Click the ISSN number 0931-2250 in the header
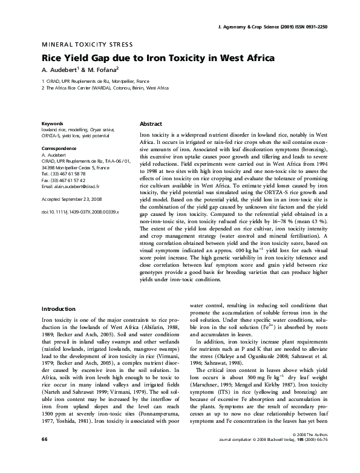coord(317,28)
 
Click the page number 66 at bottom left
coord(44,455)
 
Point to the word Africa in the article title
coord(254,59)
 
